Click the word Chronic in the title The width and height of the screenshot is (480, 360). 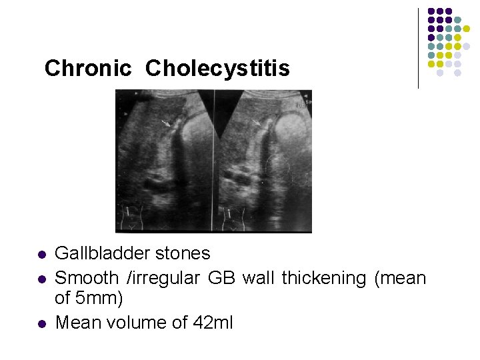point(87,68)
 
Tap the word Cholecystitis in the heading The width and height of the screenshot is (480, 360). point(217,68)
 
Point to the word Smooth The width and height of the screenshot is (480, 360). point(85,277)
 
